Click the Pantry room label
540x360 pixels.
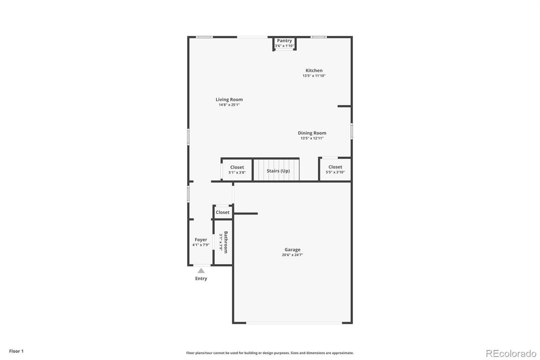284,41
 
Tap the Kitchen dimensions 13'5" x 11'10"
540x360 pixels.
314,76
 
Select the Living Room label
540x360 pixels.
229,99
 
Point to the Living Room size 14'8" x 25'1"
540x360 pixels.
229,105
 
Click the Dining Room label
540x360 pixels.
312,133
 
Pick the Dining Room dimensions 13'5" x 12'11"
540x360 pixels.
312,138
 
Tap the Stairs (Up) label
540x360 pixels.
278,171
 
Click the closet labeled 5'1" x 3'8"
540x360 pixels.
237,169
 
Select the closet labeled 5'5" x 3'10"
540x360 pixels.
335,169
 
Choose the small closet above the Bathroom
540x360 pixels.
222,212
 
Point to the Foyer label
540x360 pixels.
201,240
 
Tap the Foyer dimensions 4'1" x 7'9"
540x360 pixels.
201,245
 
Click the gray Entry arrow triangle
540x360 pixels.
201,271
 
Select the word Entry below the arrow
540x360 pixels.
201,279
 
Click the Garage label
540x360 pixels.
293,249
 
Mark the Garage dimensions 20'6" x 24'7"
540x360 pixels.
293,255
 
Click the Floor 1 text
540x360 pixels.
17,351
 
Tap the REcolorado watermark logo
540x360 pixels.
511,353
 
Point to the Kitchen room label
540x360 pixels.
314,70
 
